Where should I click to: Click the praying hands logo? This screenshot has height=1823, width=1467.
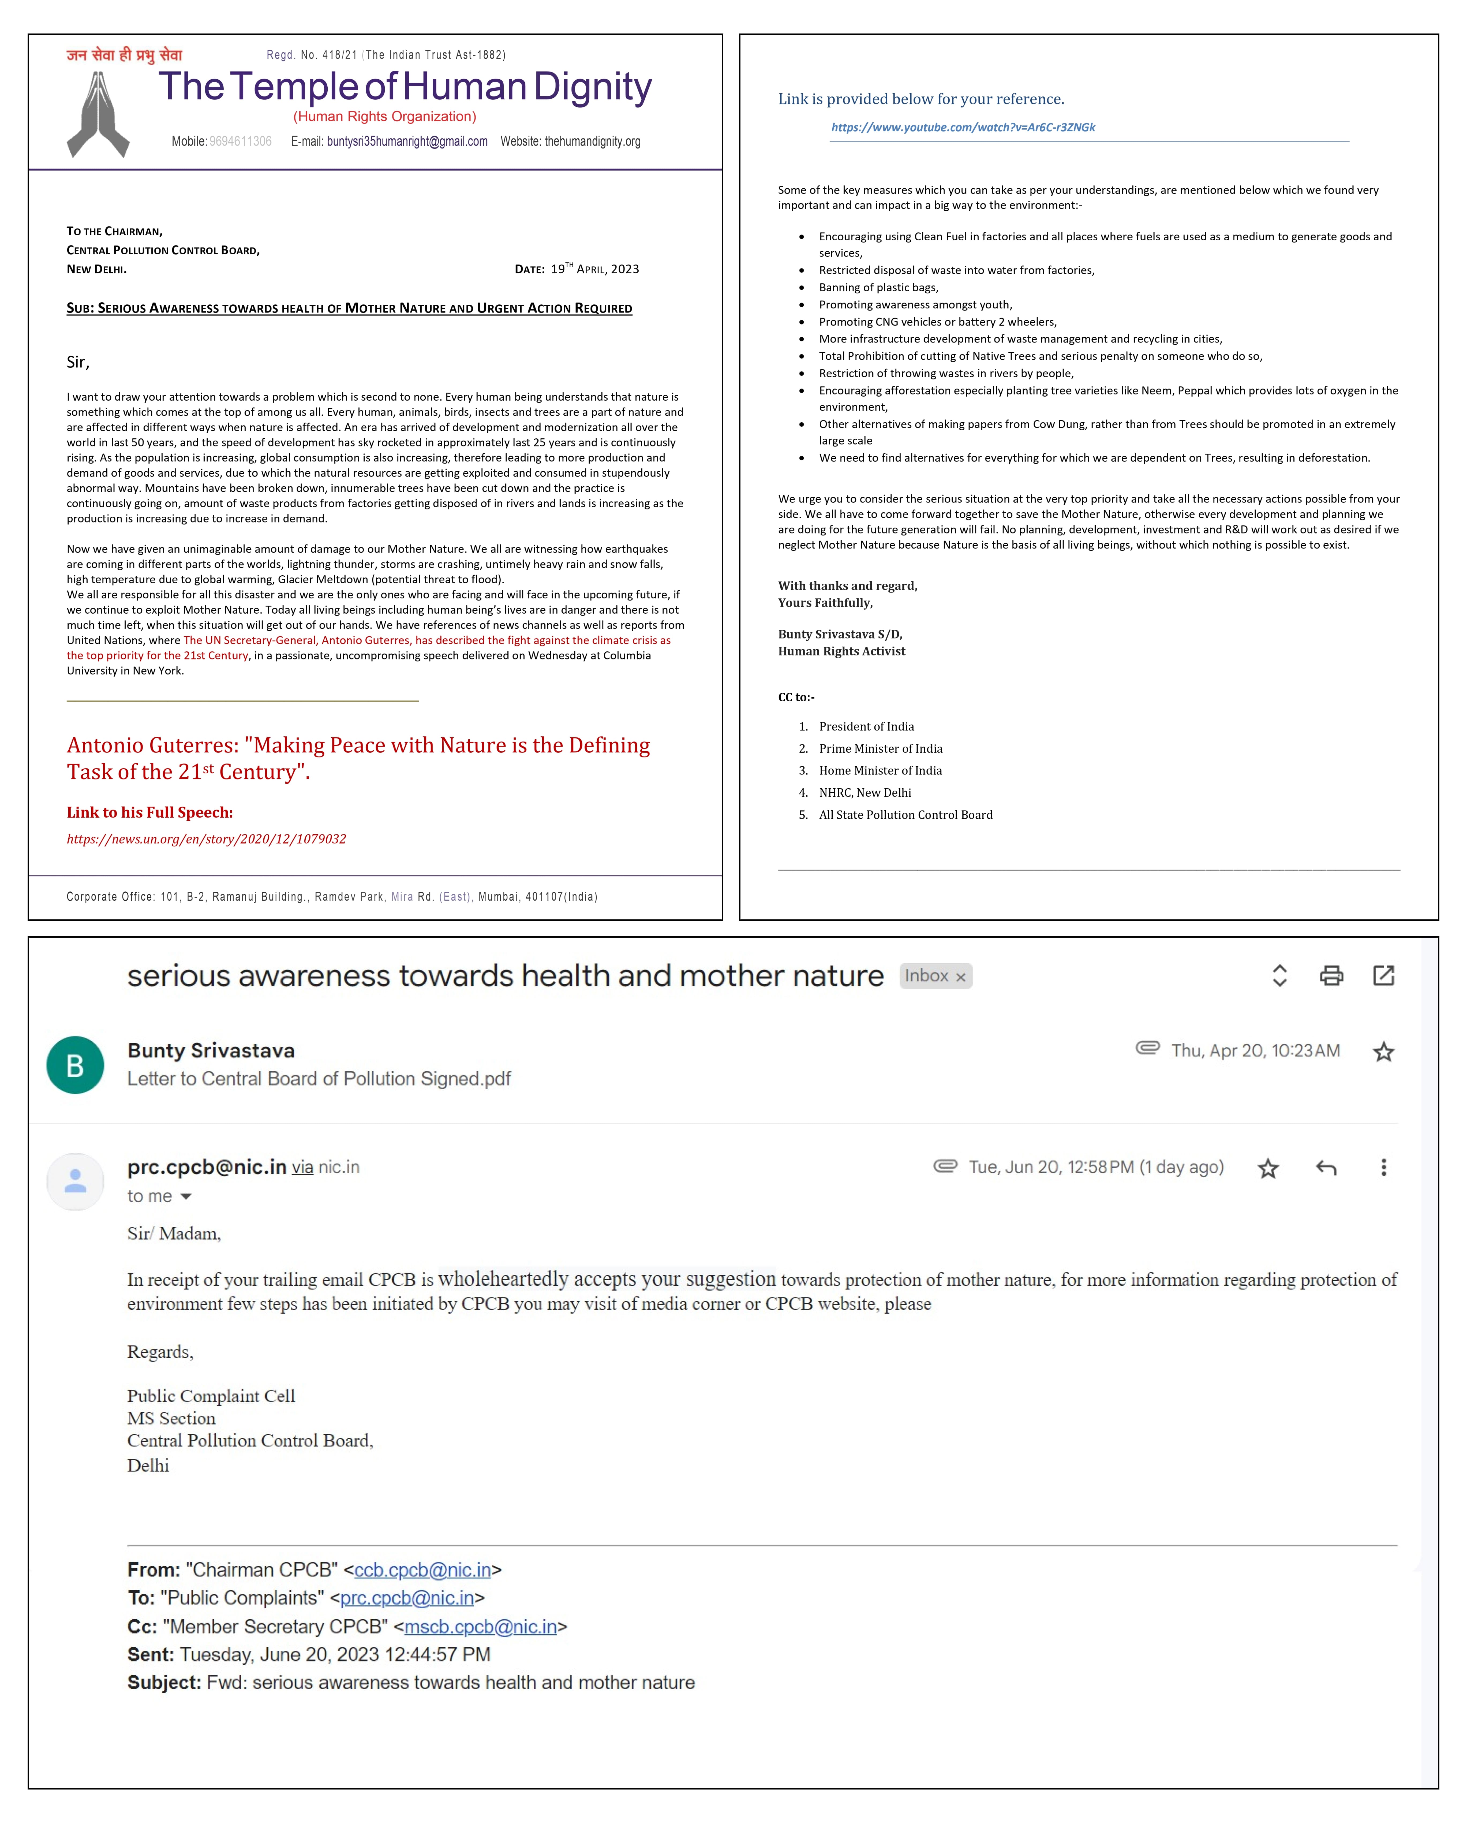pos(98,115)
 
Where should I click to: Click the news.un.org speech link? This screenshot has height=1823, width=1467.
pos(206,839)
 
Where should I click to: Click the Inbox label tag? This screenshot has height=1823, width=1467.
pos(934,976)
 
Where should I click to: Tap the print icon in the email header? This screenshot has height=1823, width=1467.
pos(1331,976)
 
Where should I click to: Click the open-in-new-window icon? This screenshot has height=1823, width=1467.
pos(1383,976)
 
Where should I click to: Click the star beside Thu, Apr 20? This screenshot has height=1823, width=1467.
pos(1383,1052)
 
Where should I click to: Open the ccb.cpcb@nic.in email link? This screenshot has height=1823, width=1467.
pos(422,1570)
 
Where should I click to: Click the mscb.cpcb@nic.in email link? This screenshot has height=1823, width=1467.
pos(480,1627)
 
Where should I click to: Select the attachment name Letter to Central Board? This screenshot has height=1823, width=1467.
pos(319,1079)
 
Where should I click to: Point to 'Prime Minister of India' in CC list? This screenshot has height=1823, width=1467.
pos(880,748)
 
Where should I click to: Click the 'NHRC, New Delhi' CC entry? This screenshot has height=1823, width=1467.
pos(865,792)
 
